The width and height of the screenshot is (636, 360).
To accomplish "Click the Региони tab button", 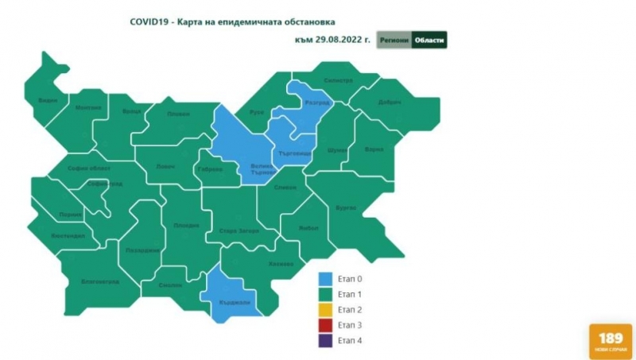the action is click(x=394, y=40).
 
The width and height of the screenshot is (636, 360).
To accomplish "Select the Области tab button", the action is click(x=429, y=40).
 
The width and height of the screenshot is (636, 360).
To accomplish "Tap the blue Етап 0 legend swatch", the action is click(x=325, y=279).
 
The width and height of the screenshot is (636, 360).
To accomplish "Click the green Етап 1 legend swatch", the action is click(x=325, y=295).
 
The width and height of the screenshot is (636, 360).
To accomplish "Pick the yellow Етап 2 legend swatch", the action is click(x=325, y=310).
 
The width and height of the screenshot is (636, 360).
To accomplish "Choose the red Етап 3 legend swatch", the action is click(x=325, y=325).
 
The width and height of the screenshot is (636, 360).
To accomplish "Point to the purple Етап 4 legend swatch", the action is click(x=325, y=341).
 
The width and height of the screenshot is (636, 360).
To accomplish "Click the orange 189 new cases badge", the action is click(x=611, y=341).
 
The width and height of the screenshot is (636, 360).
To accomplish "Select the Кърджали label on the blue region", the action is click(x=230, y=303).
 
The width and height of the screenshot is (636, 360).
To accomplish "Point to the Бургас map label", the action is click(x=346, y=208).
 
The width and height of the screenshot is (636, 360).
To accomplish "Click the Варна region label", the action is click(x=374, y=149).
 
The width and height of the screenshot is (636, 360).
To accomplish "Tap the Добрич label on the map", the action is click(x=390, y=103).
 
